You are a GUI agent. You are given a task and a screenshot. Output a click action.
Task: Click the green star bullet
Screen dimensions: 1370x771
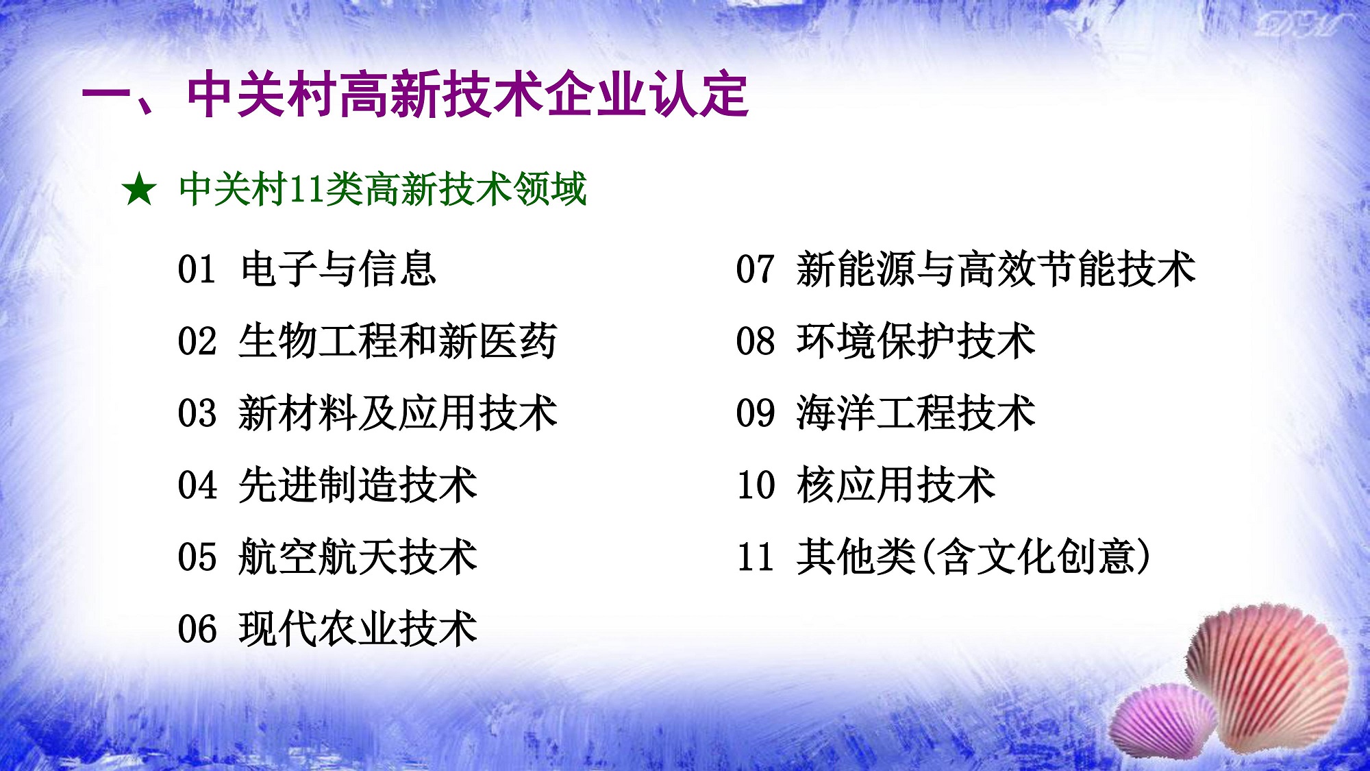pyautogui.click(x=140, y=190)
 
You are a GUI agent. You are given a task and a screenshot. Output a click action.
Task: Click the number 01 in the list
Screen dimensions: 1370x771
pyautogui.click(x=197, y=269)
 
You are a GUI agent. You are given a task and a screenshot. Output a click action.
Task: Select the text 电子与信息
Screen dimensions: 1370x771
pyautogui.click(x=338, y=269)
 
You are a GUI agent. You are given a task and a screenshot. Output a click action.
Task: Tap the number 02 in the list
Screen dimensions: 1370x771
pyautogui.click(x=197, y=341)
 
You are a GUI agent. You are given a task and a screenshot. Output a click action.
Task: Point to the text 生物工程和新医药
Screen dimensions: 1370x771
pyautogui.click(x=398, y=341)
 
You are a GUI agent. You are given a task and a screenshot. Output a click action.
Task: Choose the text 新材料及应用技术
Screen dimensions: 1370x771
pyautogui.click(x=398, y=413)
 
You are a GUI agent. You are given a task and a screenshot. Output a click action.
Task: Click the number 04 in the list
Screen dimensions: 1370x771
pyautogui.click(x=197, y=485)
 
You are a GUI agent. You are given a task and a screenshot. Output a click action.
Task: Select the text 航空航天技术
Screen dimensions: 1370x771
pyautogui.click(x=358, y=556)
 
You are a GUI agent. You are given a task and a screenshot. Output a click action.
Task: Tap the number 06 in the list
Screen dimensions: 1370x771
pyautogui.click(x=197, y=629)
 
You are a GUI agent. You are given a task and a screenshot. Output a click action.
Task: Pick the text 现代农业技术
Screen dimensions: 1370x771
pyautogui.click(x=358, y=628)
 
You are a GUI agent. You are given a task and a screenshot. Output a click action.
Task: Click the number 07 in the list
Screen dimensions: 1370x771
pyautogui.click(x=756, y=269)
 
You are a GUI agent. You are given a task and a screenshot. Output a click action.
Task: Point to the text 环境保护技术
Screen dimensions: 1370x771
pyautogui.click(x=916, y=341)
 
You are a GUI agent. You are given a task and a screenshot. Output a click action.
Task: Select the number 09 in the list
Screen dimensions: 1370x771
pyautogui.click(x=756, y=413)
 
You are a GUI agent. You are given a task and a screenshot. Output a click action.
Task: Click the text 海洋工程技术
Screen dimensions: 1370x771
pyautogui.click(x=916, y=413)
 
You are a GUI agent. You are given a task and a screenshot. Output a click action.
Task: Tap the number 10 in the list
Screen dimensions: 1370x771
pyautogui.click(x=756, y=485)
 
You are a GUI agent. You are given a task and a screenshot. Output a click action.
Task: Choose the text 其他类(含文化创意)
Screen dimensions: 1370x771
pyautogui.click(x=973, y=556)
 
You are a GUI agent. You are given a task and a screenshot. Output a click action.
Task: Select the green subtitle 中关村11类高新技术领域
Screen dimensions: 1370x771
pyautogui.click(x=382, y=190)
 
